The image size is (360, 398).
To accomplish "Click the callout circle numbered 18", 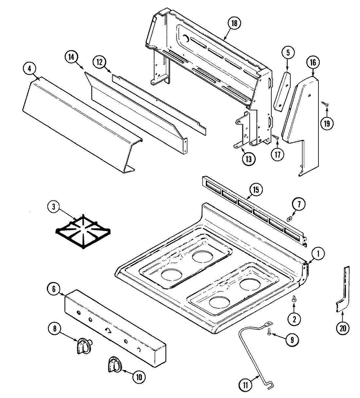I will [234, 23].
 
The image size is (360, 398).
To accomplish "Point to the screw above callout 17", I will [276, 138].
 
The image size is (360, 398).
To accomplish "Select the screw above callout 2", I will [294, 298].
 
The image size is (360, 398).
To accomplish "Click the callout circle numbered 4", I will [30, 69].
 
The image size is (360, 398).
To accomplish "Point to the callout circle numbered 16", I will [313, 62].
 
